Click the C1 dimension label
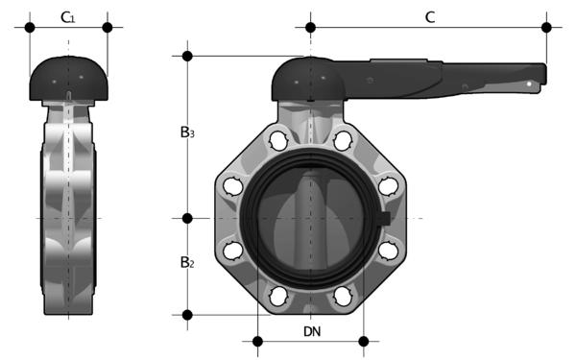tap(68, 17)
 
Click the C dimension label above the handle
tap(430, 17)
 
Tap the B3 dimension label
tap(187, 132)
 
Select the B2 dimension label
tap(187, 262)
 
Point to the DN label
tap(312, 332)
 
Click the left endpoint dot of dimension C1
tap(30, 27)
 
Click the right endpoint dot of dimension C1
tap(108, 27)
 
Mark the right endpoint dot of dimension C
tap(546, 27)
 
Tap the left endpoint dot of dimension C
tap(310, 27)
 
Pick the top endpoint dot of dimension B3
tap(187, 57)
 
